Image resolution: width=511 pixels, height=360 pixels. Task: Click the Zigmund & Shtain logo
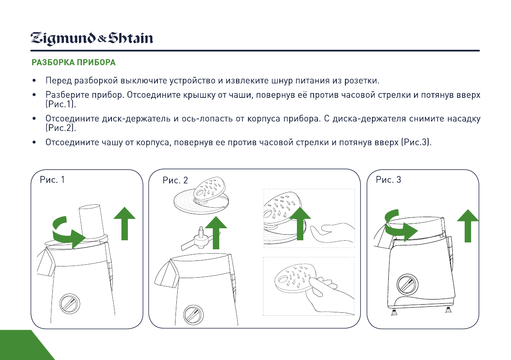point(92,39)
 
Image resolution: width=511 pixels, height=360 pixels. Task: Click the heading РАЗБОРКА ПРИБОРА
point(73,63)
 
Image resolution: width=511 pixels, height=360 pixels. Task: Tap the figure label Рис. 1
point(52,180)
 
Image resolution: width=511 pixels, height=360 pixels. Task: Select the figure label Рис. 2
point(175,181)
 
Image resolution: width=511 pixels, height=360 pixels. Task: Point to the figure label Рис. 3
point(388,180)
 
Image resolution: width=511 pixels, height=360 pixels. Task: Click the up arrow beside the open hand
point(299,223)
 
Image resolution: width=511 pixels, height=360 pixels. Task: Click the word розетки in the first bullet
point(363,81)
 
